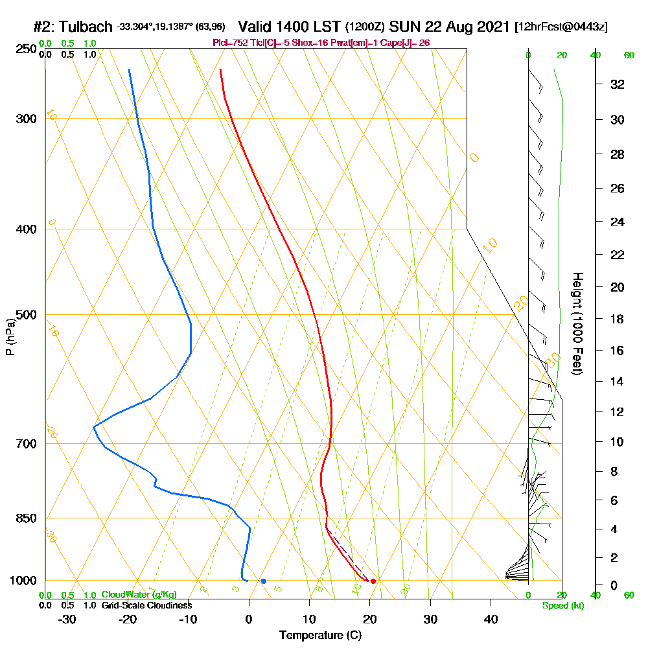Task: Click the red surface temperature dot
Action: (373, 581)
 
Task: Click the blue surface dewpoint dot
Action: (263, 581)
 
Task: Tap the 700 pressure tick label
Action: (27, 444)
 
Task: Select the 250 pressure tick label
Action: (27, 49)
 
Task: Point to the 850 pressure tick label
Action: (27, 518)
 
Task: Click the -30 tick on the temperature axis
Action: (67, 619)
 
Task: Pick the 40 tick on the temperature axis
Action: (491, 619)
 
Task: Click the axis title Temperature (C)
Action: (320, 635)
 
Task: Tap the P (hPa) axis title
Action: (10, 336)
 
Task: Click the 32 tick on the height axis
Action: (618, 84)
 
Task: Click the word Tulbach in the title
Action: (86, 27)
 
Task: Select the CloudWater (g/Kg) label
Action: (139, 595)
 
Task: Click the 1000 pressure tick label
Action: (23, 581)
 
